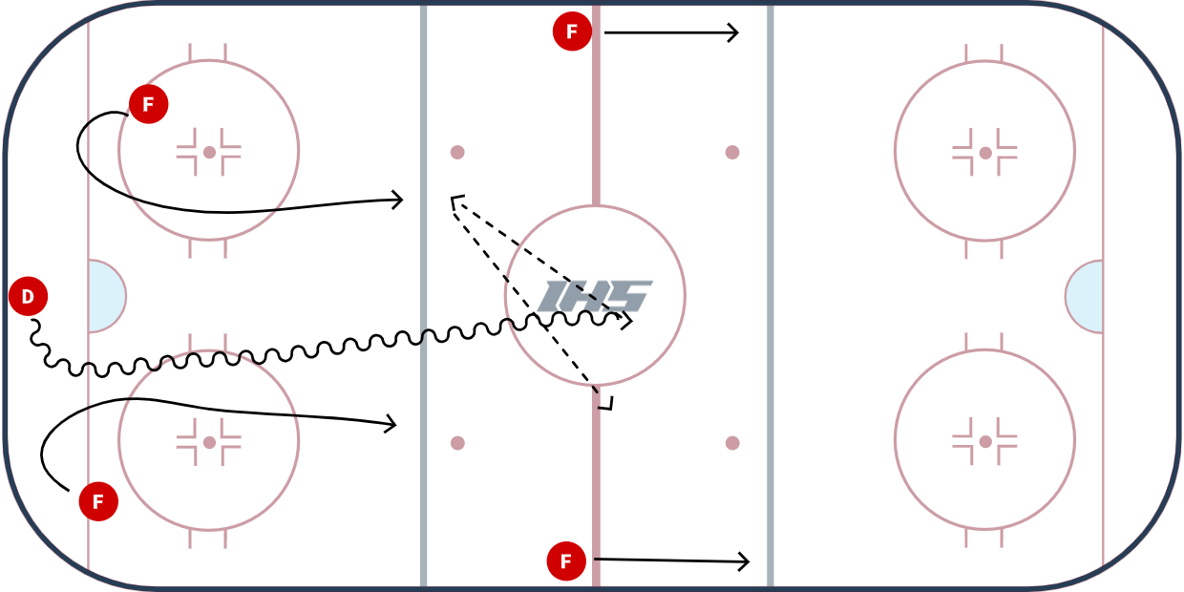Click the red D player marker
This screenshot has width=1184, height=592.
[28, 297]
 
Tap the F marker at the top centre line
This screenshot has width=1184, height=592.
[572, 32]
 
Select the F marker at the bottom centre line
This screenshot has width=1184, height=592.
[566, 561]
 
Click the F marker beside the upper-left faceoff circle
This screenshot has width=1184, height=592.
[148, 104]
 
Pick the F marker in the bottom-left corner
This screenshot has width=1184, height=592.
[98, 501]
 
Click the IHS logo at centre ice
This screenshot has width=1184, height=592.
[595, 296]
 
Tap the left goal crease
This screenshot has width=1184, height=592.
[105, 296]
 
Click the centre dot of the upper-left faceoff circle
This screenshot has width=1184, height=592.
[209, 152]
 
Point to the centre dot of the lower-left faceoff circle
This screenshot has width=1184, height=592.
[209, 442]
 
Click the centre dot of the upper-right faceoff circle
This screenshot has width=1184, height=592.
[985, 152]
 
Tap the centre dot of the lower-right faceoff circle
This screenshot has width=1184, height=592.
[985, 441]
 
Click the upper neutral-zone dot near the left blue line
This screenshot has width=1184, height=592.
[457, 152]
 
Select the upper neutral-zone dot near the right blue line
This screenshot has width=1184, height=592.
[732, 152]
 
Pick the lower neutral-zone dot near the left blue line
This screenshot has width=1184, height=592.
[457, 443]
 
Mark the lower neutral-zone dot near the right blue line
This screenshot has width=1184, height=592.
[732, 443]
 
